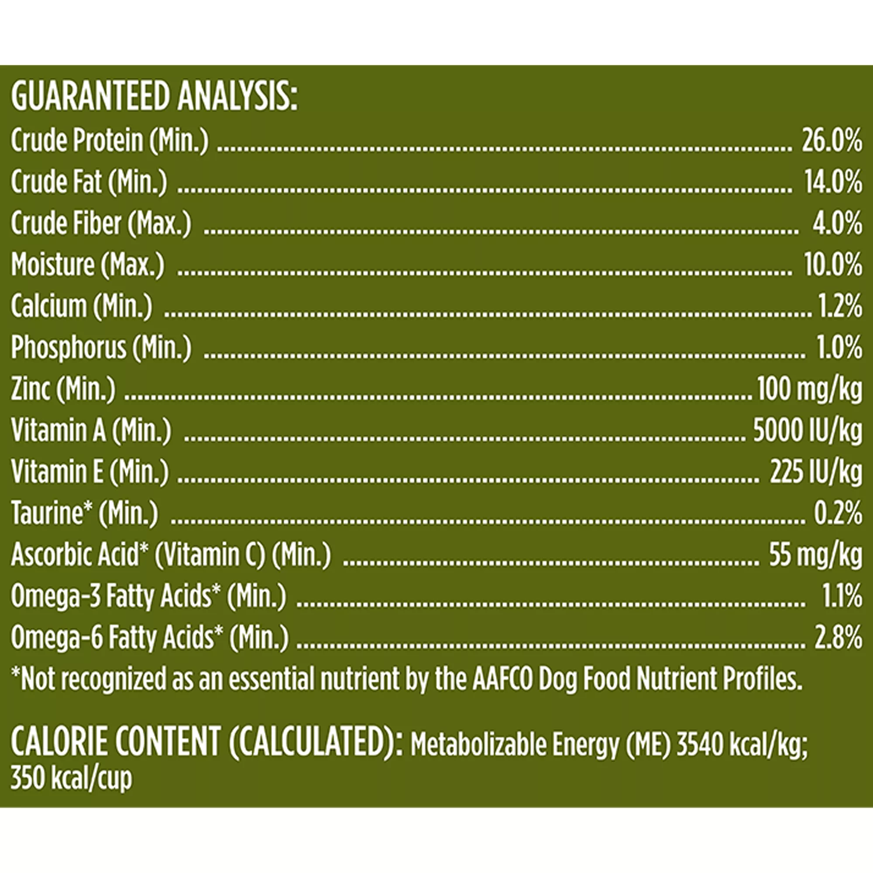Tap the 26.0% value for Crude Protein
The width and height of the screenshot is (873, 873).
tap(832, 141)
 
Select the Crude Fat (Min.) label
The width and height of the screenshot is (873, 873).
tap(89, 182)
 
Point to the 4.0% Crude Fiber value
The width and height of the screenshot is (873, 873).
tap(837, 223)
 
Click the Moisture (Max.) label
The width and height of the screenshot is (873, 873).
tap(88, 265)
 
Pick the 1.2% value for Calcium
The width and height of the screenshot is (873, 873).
tap(840, 307)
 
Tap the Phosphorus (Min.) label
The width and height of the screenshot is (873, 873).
tap(101, 348)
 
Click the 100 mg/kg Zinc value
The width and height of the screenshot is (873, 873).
tap(809, 389)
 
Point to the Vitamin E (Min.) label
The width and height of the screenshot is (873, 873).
tap(90, 472)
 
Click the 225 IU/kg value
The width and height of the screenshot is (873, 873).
tap(816, 472)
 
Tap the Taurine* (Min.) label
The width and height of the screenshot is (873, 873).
tap(85, 514)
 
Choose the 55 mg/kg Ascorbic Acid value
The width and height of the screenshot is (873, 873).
tap(816, 555)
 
